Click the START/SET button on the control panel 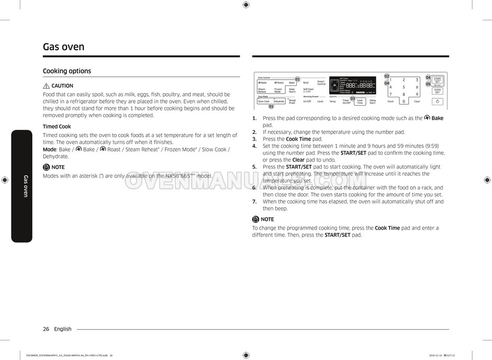(x=438, y=81)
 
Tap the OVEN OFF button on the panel (x=438, y=91)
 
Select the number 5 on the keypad (x=404, y=87)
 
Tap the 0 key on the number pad (x=404, y=102)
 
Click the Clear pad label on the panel (x=417, y=102)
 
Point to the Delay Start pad (x=373, y=102)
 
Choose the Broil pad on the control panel (x=306, y=83)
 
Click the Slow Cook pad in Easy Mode (x=264, y=102)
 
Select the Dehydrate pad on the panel (x=279, y=102)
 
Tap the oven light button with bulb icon (x=438, y=102)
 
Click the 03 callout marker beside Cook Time (x=353, y=98)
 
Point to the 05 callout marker (x=428, y=84)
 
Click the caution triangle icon (x=46, y=86)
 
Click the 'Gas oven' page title (x=63, y=47)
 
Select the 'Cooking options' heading (x=67, y=71)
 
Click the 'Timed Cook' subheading (x=57, y=127)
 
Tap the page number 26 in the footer (x=46, y=329)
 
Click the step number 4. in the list (x=254, y=146)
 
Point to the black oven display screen (x=353, y=85)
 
